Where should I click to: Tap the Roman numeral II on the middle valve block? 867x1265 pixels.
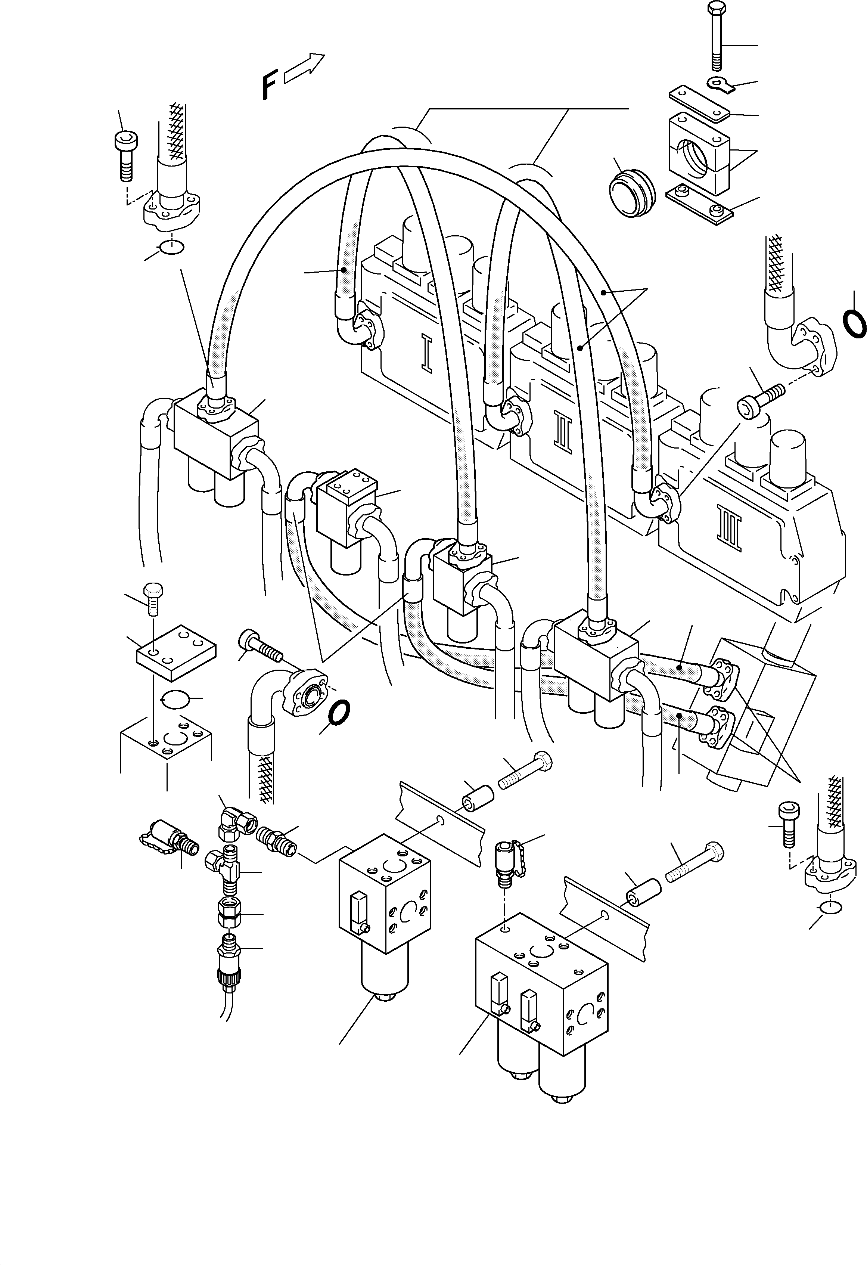pyautogui.click(x=564, y=433)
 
